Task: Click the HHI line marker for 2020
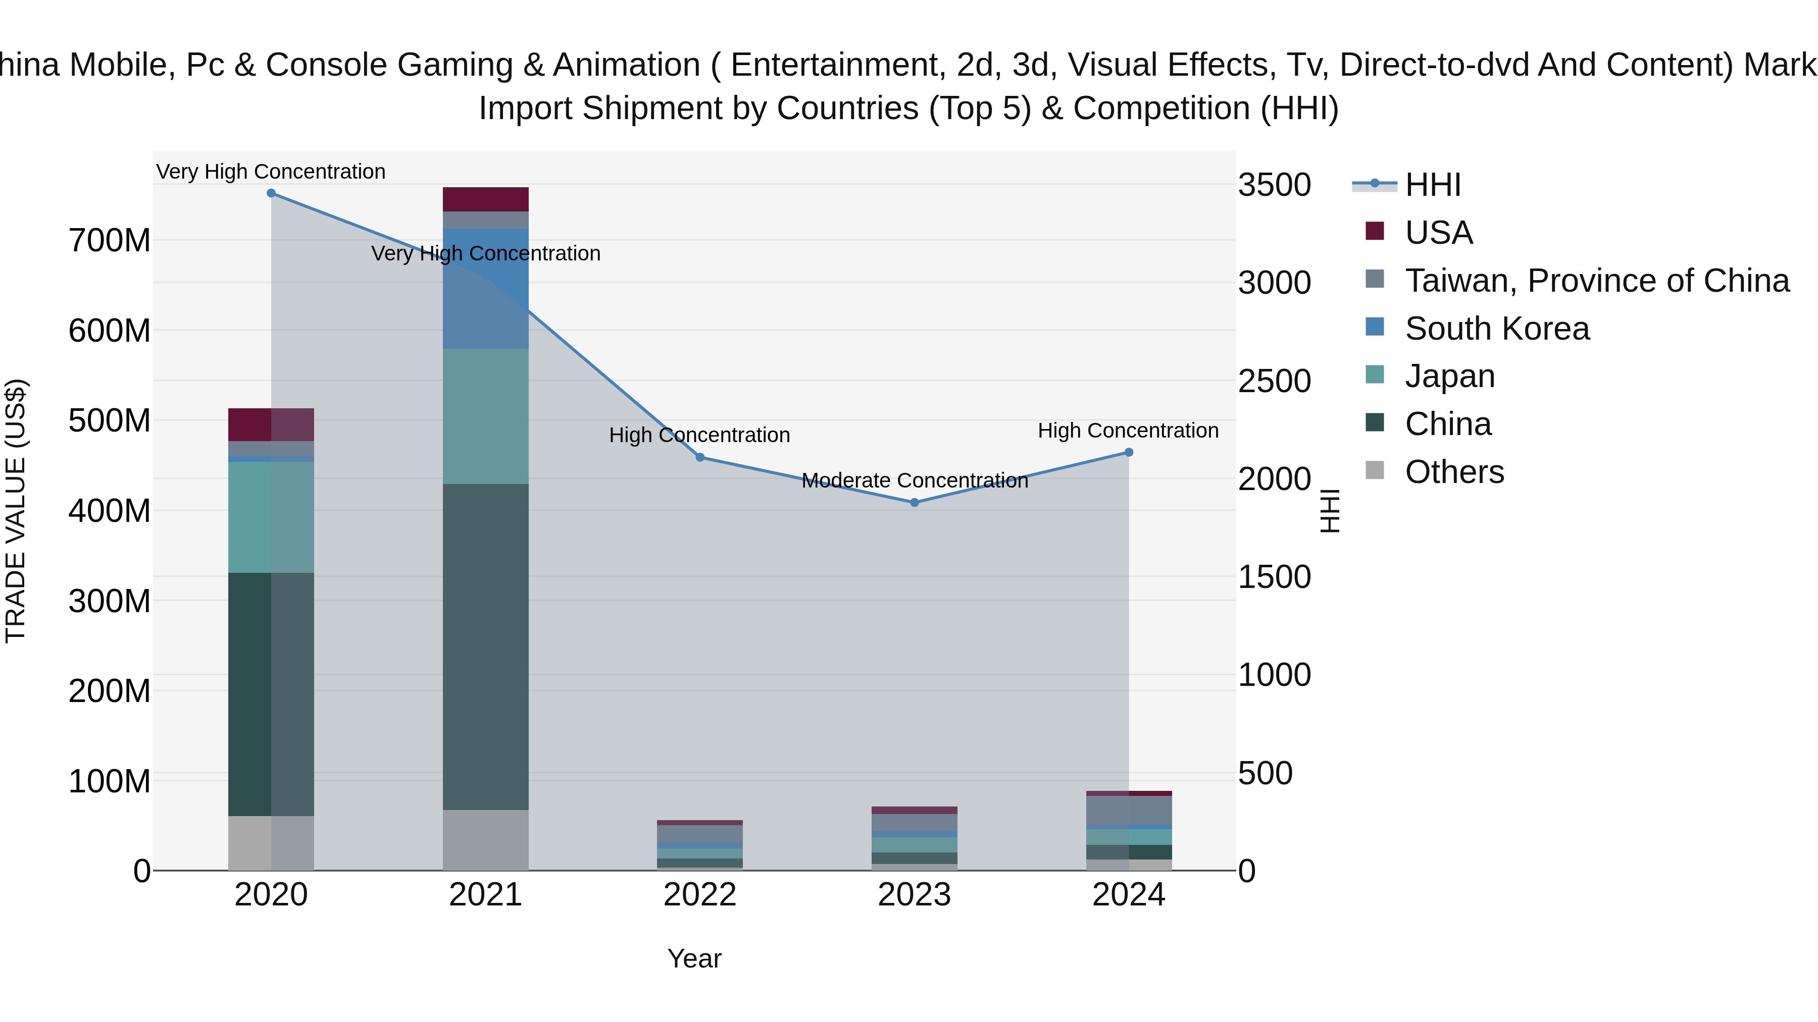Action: [x=271, y=193]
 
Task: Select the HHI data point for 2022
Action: [x=700, y=458]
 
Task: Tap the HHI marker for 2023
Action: [x=915, y=503]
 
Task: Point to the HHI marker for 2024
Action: [x=1129, y=452]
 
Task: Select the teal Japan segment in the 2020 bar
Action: [x=271, y=517]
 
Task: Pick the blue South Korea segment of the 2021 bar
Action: [x=485, y=289]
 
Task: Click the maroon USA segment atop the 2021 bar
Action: [x=485, y=199]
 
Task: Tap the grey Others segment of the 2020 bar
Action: [x=271, y=843]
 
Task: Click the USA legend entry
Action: [x=1438, y=233]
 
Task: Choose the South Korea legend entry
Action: [x=1496, y=329]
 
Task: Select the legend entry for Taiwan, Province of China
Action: [x=1596, y=281]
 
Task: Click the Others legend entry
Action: [x=1454, y=472]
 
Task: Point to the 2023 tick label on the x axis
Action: [x=915, y=895]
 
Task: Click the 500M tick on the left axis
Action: [x=110, y=421]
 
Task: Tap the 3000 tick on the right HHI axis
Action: [x=1274, y=283]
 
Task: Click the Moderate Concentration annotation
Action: [x=915, y=480]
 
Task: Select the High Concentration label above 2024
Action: [x=1128, y=430]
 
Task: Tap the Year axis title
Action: [x=694, y=958]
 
